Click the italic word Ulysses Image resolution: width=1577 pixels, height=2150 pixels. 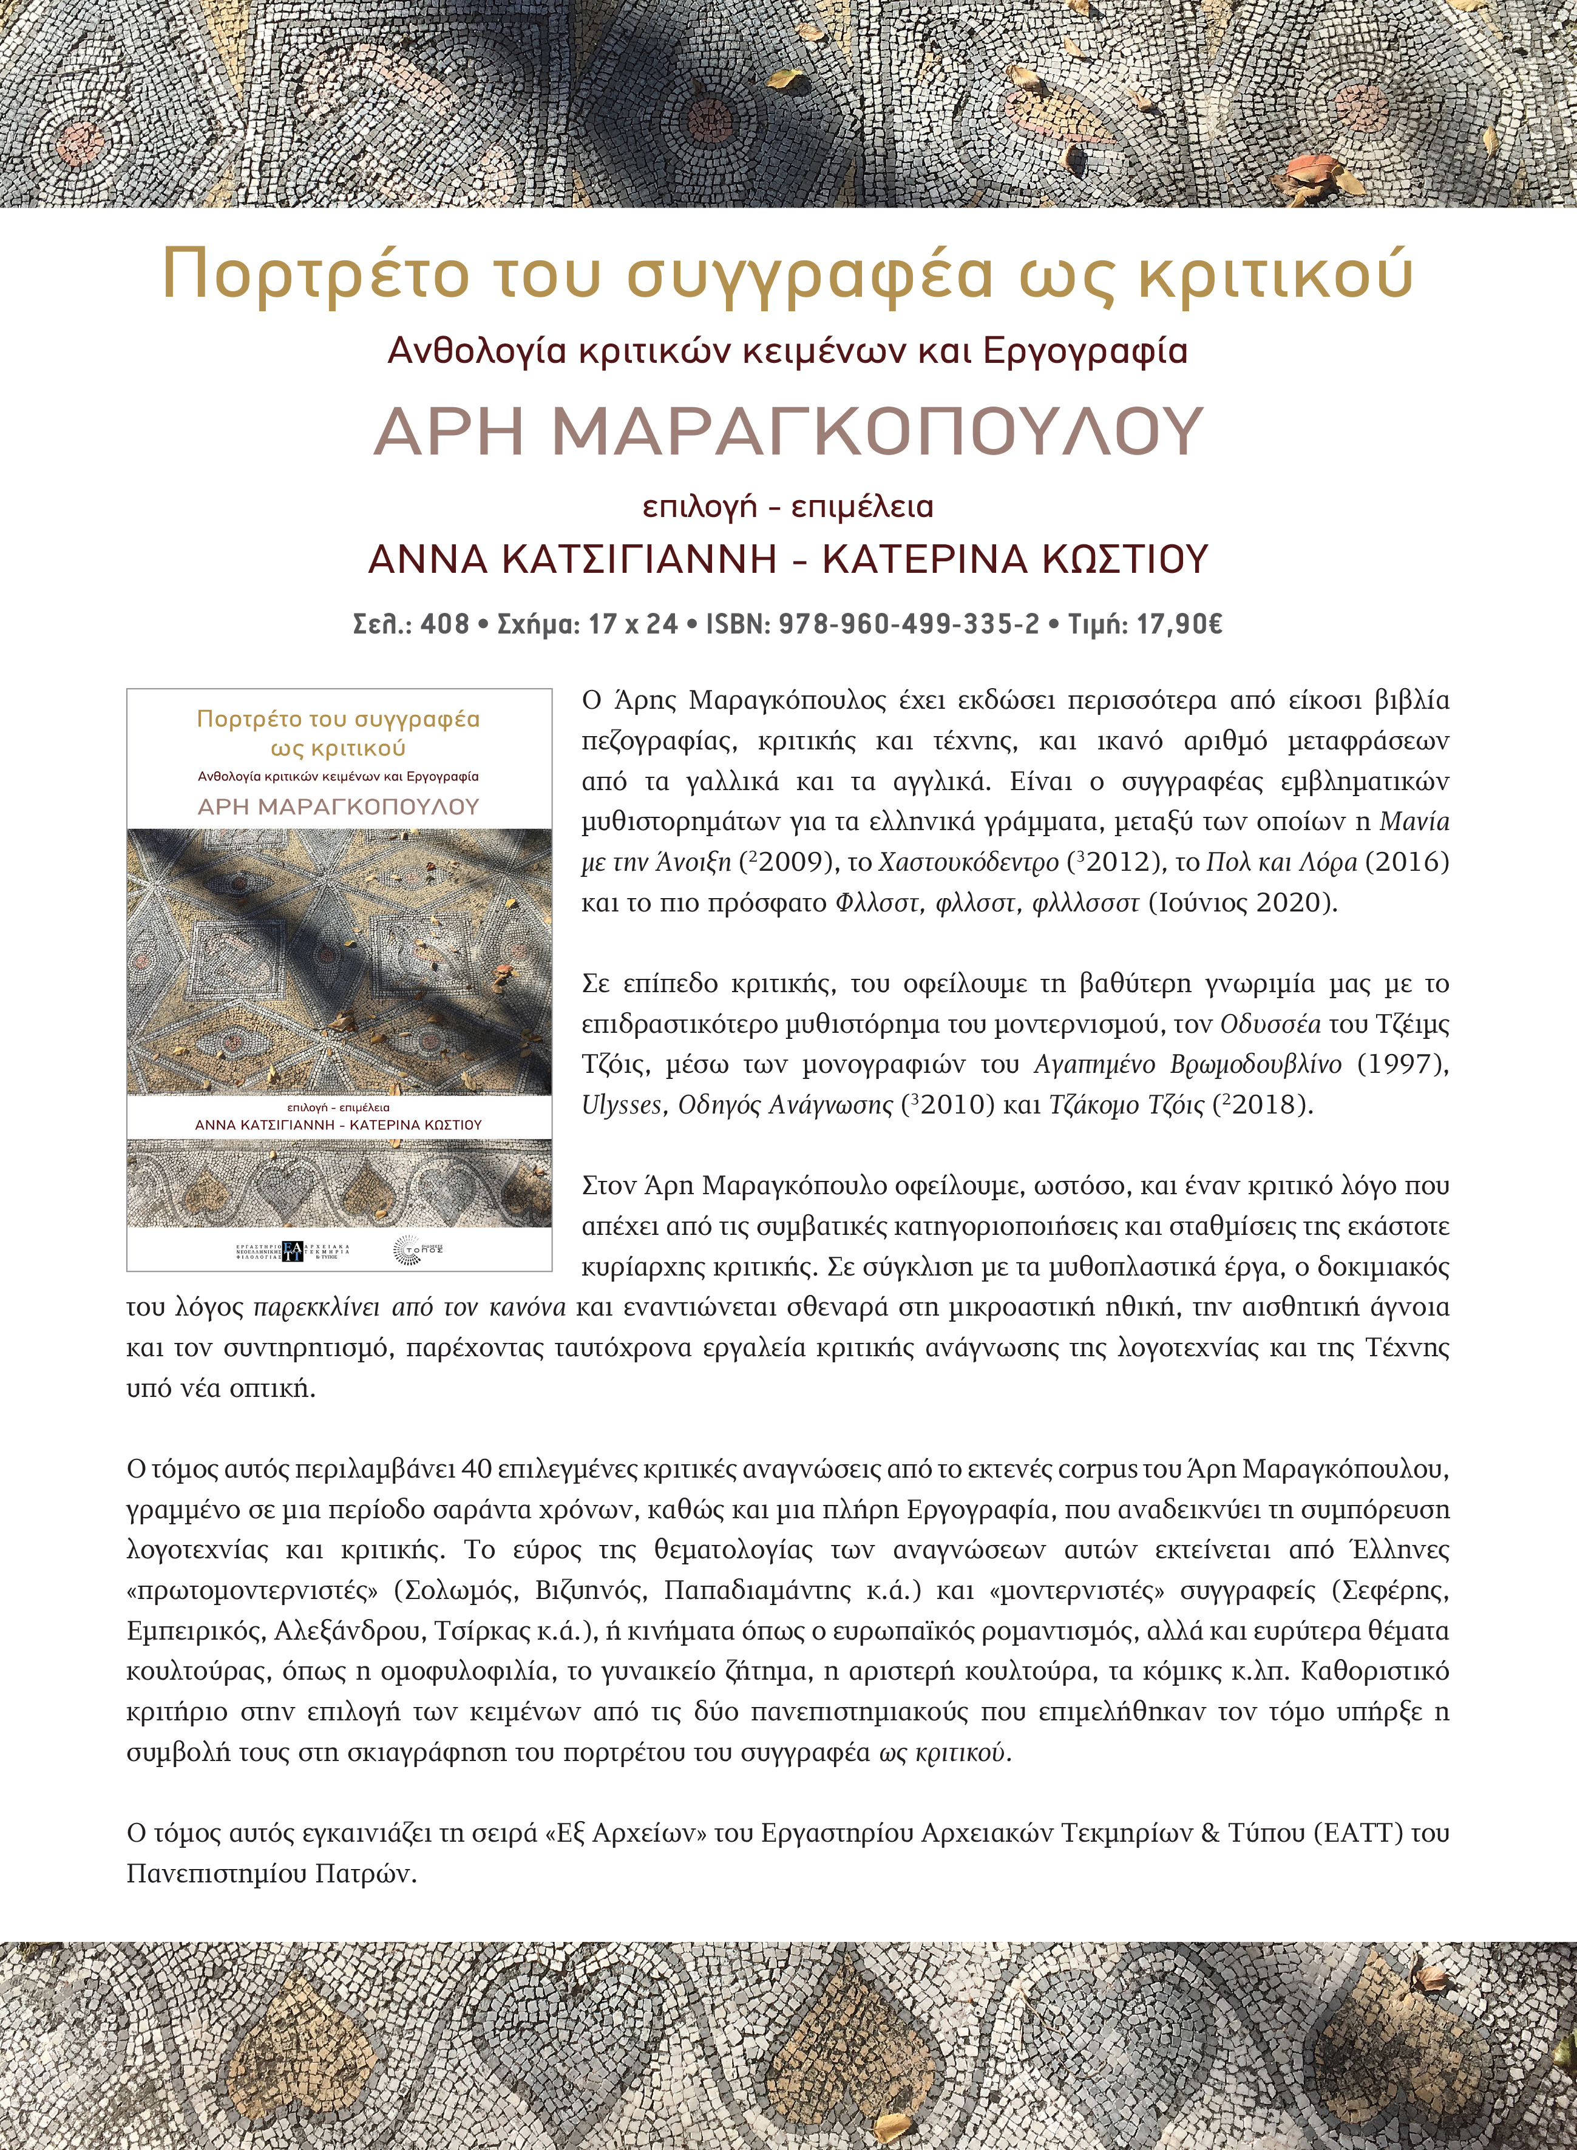[622, 1105]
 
